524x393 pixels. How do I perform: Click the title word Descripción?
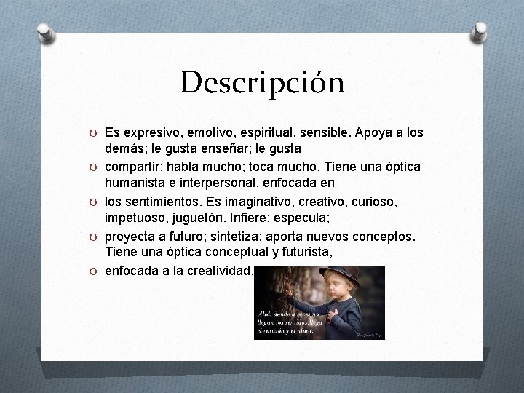pyautogui.click(x=262, y=83)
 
